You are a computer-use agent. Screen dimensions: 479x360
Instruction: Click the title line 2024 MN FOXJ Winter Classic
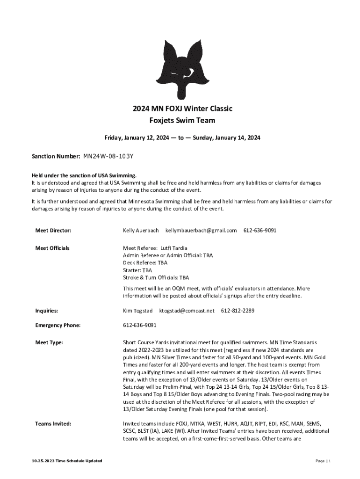(x=182, y=109)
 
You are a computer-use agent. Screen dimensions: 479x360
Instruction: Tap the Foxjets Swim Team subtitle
(x=182, y=120)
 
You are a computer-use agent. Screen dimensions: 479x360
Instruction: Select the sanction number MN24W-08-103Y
(x=110, y=156)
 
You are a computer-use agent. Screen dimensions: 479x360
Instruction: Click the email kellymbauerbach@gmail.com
(x=201, y=231)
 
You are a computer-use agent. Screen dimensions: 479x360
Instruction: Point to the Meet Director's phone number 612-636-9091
(x=259, y=231)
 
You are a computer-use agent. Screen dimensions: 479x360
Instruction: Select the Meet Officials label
(x=52, y=248)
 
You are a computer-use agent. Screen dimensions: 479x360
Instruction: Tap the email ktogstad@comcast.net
(x=187, y=310)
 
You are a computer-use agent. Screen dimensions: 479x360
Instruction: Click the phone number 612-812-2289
(x=238, y=310)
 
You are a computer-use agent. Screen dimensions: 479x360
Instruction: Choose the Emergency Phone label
(x=58, y=325)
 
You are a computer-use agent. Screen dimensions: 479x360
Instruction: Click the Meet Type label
(x=49, y=342)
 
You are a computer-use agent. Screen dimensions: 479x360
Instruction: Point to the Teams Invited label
(x=53, y=424)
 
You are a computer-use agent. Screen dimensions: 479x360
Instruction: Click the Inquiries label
(x=47, y=310)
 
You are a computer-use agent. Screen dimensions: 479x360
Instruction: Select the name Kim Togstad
(x=138, y=310)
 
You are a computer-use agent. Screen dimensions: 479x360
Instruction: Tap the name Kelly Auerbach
(x=141, y=231)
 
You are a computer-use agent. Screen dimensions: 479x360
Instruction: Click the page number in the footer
(x=323, y=461)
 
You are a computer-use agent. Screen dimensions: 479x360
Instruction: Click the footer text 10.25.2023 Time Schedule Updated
(x=65, y=461)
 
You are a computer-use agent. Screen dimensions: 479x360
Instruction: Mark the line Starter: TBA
(x=137, y=270)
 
